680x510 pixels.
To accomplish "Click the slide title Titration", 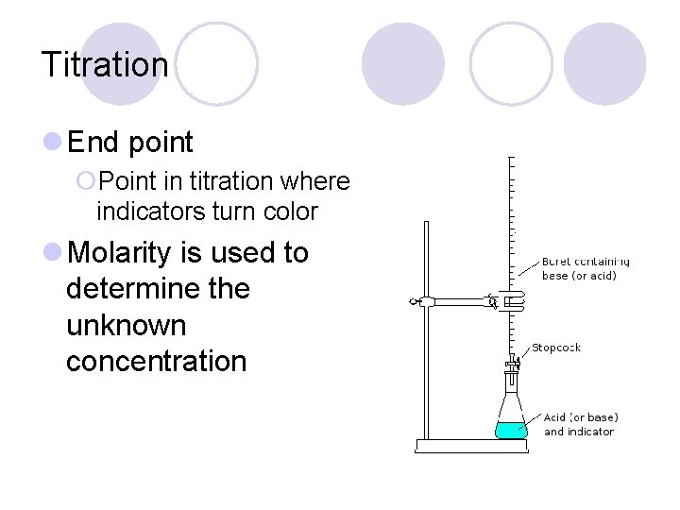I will [105, 65].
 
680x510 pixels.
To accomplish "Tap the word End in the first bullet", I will [93, 144].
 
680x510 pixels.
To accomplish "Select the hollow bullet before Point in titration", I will [86, 180].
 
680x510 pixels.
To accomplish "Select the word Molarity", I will [120, 254].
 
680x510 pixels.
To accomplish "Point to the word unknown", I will [126, 325].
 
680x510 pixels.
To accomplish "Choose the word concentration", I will [156, 361].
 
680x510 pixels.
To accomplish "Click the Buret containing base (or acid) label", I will [585, 268].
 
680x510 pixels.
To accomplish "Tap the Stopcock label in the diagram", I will [555, 348].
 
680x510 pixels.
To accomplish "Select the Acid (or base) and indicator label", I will [580, 424].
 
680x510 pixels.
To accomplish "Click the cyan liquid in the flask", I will [510, 430].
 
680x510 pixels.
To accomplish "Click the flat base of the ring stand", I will [471, 446].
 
